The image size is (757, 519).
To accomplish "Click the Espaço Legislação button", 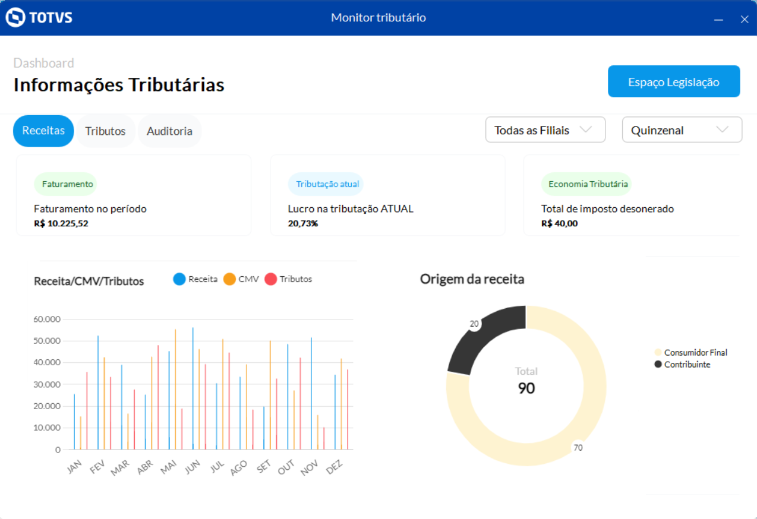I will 673,81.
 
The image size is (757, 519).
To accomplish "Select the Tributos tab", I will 105,131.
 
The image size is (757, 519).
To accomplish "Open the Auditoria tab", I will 169,131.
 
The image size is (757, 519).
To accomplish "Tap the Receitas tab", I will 43,131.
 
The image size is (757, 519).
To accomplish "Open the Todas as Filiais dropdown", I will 545,130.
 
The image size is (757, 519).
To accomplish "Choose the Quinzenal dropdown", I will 682,130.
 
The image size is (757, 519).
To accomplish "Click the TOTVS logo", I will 39,17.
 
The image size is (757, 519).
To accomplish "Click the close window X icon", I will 744,19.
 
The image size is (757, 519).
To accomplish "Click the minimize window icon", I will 718,20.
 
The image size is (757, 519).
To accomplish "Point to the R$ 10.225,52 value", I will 61,224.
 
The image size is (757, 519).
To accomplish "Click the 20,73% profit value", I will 303,224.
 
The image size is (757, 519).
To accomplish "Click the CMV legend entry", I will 241,279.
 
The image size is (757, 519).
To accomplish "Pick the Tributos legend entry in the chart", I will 289,279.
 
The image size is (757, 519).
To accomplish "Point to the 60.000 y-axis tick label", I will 48,319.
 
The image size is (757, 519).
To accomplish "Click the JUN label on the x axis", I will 192,467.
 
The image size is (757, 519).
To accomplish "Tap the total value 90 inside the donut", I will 526,388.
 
